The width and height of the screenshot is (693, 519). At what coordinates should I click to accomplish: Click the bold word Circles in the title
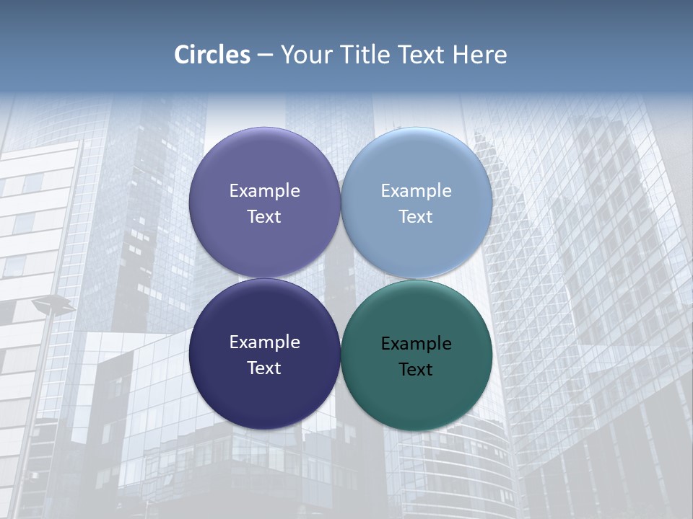tap(212, 55)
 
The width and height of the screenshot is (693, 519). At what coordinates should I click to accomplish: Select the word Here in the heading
tap(480, 55)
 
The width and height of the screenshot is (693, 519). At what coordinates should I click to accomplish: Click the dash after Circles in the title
tap(265, 55)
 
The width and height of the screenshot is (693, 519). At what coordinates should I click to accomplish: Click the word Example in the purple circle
tap(264, 191)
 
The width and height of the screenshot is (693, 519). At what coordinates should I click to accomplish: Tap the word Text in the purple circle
tap(264, 217)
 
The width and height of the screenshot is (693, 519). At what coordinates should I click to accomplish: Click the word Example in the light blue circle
tap(417, 191)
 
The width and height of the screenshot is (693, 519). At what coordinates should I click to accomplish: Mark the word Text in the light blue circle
tap(417, 217)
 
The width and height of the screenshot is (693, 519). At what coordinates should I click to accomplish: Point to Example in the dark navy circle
tap(264, 342)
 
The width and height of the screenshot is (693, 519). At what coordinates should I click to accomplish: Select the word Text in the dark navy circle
tap(264, 368)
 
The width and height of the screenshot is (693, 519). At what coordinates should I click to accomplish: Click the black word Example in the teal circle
tap(417, 344)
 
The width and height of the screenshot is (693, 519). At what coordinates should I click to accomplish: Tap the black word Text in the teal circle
tap(417, 370)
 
